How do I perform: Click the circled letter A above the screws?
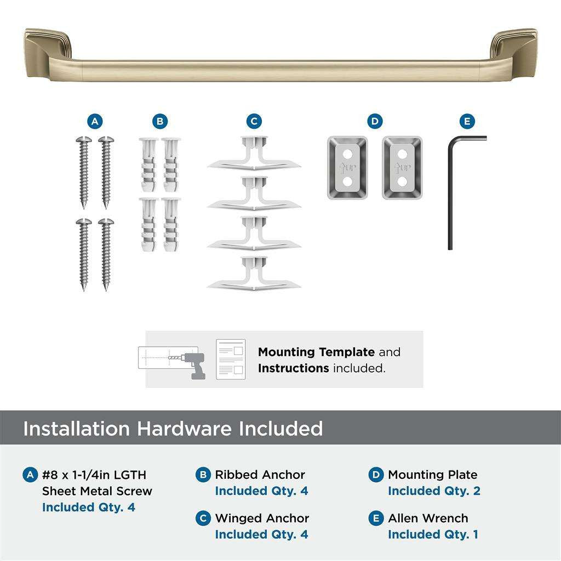(95, 121)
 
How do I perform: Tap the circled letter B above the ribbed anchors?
(159, 121)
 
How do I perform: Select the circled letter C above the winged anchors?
(254, 121)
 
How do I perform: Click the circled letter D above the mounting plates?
(374, 121)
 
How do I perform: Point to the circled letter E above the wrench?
(467, 121)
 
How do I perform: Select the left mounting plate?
(347, 168)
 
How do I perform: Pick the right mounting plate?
(402, 168)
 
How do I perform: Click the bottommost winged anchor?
(254, 274)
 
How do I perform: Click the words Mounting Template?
(316, 352)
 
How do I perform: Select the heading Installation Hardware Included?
(173, 428)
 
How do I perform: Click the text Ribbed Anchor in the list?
(260, 475)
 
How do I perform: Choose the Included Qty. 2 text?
(434, 491)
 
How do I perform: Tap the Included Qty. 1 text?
(433, 534)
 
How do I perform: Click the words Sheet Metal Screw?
(97, 491)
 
